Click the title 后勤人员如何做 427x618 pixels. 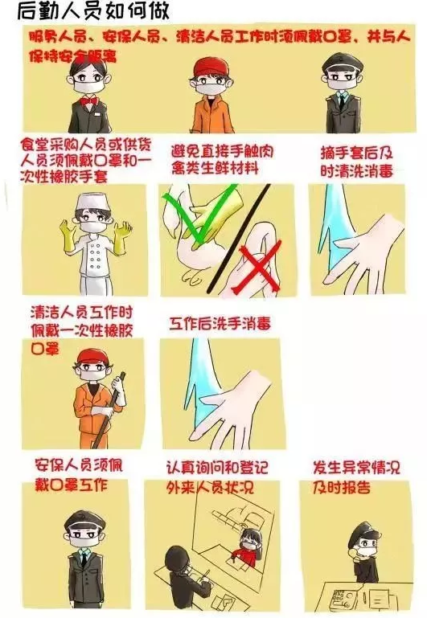(x=93, y=11)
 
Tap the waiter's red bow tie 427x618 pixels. (x=88, y=101)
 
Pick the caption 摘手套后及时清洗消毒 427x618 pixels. (x=357, y=162)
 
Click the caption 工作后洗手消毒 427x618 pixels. (x=220, y=324)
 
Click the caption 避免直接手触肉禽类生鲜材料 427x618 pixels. (x=222, y=160)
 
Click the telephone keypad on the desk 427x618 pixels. (x=339, y=597)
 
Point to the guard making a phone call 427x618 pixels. (x=365, y=552)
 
